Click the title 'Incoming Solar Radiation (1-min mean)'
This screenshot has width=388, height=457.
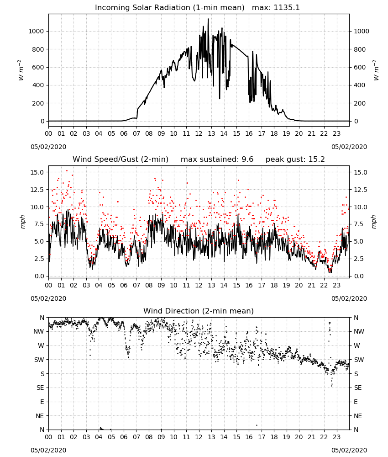click(170, 8)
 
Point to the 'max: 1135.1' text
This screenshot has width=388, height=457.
click(276, 8)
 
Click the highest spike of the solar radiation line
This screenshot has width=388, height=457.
click(208, 19)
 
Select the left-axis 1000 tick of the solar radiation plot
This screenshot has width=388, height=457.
click(37, 31)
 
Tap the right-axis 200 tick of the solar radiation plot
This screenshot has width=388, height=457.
click(360, 103)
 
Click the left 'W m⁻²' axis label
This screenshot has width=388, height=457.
click(21, 70)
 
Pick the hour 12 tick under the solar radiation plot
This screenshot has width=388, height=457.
click(199, 133)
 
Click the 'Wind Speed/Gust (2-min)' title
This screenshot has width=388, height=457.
click(121, 159)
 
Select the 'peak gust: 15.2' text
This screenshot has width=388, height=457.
click(295, 159)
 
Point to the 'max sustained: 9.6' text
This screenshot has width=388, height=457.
click(217, 159)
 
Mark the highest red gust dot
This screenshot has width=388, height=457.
click(67, 171)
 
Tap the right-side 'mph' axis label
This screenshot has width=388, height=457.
click(374, 222)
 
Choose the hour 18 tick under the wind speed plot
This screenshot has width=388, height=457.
click(274, 285)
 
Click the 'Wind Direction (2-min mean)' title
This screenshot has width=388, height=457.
click(199, 311)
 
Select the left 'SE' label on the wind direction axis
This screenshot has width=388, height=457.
click(41, 388)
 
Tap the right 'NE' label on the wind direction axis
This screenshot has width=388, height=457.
click(358, 416)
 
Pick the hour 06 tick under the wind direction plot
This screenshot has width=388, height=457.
click(124, 437)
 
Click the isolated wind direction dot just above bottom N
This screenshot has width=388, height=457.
click(257, 425)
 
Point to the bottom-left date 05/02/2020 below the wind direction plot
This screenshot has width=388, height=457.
click(48, 450)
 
